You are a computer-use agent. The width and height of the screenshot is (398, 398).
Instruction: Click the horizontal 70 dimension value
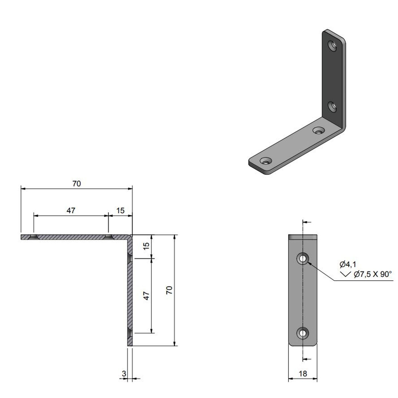pos(76,184)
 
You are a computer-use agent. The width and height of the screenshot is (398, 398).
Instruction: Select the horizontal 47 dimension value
pos(71,210)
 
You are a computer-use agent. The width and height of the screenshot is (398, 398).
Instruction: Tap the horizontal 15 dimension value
pos(120,210)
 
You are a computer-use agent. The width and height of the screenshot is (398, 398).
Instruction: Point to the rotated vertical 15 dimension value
pos(146,246)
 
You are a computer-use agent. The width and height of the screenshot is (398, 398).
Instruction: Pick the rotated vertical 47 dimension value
pos(146,296)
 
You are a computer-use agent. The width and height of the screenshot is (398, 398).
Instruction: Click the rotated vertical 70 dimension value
pos(169,290)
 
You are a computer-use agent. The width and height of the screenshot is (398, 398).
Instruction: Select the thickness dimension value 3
pos(124,374)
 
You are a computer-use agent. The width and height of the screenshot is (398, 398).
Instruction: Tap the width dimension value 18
pos(303,374)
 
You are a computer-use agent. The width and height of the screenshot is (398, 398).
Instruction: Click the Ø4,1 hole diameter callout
pos(348,264)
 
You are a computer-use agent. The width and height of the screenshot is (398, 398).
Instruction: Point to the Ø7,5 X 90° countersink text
pos(373,274)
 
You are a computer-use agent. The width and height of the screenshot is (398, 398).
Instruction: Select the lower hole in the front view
pos(303,333)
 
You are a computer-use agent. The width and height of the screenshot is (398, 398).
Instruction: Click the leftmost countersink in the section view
pos(34,237)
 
